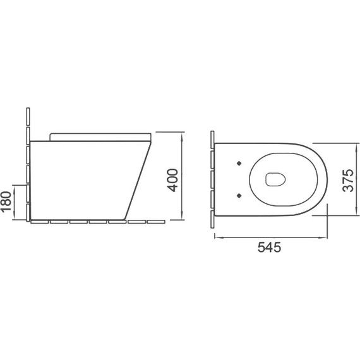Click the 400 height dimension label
[172, 180]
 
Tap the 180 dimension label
[6, 201]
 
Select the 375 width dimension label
[348, 181]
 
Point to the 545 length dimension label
[269, 248]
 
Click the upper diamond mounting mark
[239, 163]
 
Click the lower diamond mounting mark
[239, 195]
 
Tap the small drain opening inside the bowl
[275, 179]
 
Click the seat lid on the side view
[100, 136]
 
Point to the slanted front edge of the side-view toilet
[138, 180]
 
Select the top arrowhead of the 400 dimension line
[182, 135]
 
